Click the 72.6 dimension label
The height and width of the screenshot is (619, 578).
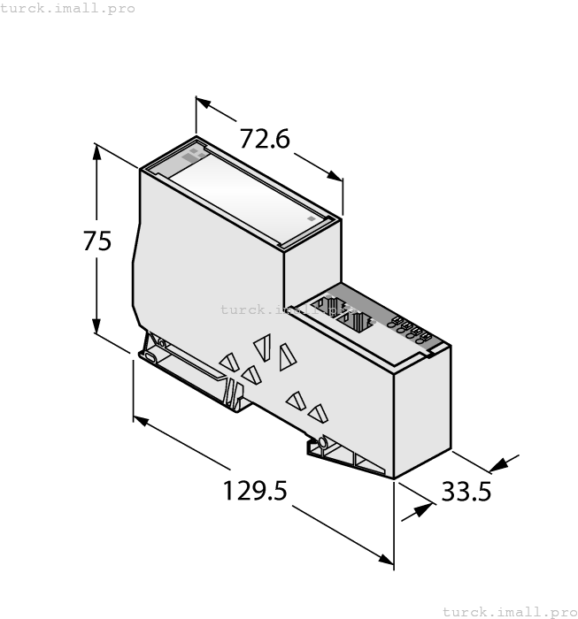pos(266,139)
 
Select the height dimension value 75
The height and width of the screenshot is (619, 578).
pos(97,241)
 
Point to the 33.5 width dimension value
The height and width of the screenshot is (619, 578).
pos(466,492)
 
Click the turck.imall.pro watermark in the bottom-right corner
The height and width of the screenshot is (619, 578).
pos(509,611)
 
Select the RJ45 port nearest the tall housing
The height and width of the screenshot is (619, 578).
pos(330,307)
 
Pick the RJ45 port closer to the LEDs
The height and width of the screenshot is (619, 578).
pos(358,322)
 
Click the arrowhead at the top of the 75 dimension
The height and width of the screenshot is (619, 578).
pos(96,150)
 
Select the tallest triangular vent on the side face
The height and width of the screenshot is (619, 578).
pos(286,357)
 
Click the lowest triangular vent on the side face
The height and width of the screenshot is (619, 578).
pos(317,413)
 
